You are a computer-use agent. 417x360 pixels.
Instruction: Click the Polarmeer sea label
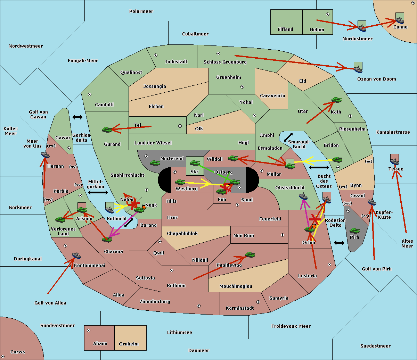tap(141, 11)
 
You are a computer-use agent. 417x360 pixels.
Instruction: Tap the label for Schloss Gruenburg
tap(225, 62)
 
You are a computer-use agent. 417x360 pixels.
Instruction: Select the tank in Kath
tap(336, 100)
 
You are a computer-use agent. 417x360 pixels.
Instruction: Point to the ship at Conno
tap(400, 20)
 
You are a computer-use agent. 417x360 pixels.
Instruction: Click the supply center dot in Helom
tap(328, 14)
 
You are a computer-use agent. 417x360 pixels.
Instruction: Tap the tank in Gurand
tap(107, 129)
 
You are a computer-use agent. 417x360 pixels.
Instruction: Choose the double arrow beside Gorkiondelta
tap(77, 117)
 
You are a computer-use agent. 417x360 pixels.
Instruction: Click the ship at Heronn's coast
tap(45, 155)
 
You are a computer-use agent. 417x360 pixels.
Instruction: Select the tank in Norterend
tap(155, 163)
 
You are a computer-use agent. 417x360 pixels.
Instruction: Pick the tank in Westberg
tap(180, 182)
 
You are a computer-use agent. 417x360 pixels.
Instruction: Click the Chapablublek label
tap(182, 233)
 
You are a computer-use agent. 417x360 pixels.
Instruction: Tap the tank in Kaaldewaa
tap(250, 255)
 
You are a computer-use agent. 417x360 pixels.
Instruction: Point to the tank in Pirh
tap(354, 231)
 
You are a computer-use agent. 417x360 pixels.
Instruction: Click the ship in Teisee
tap(394, 161)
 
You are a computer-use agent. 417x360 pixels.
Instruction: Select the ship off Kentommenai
tap(76, 255)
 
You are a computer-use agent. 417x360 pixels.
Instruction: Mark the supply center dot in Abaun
tap(89, 330)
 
